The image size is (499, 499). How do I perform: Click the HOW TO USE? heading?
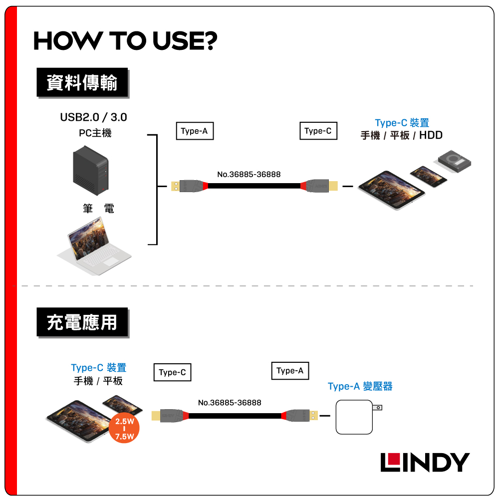125,41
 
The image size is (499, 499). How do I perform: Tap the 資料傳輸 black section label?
82,83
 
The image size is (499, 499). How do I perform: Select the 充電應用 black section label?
82,323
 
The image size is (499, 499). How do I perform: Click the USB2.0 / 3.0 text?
94,118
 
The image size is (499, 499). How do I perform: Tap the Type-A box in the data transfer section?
194,131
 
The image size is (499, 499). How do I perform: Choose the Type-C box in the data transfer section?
318,131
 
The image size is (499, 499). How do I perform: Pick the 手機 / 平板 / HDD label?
402,135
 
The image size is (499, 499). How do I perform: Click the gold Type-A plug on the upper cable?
175,186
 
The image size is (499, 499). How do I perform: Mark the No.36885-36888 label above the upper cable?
249,175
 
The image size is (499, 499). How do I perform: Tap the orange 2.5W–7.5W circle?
124,429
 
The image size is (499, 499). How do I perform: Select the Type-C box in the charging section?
172,372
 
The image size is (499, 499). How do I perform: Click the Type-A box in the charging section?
290,371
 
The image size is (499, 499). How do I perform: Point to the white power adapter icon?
355,417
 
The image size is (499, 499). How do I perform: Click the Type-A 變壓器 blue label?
360,386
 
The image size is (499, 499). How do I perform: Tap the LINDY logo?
425,462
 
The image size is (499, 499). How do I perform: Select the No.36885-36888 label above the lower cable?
230,403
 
